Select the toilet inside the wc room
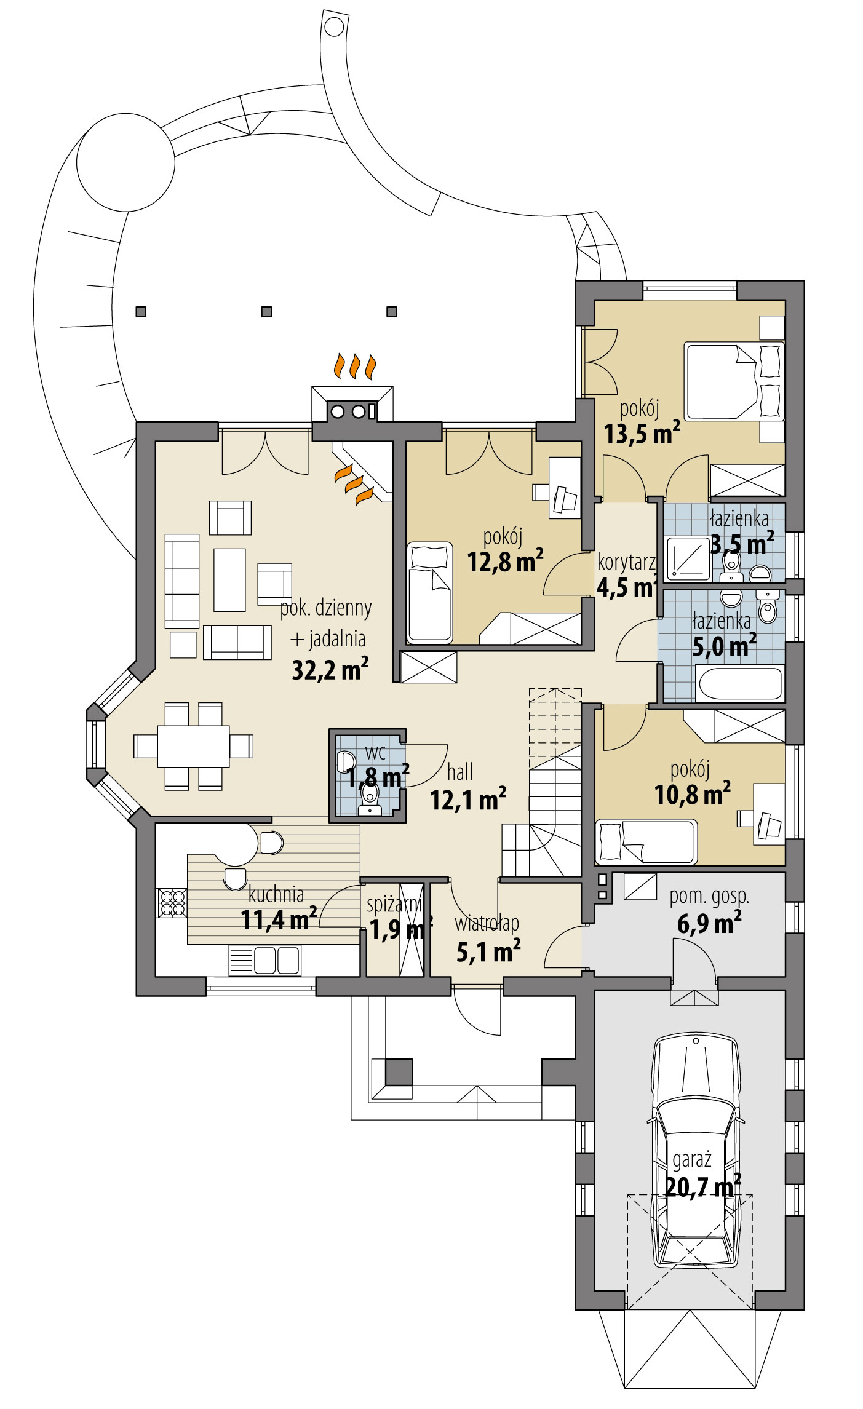pyautogui.click(x=369, y=800)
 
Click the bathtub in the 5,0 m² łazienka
pyautogui.click(x=740, y=683)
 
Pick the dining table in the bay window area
pyautogui.click(x=193, y=746)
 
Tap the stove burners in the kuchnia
pyautogui.click(x=172, y=902)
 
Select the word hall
pyautogui.click(x=459, y=772)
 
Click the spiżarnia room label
pyautogui.click(x=394, y=905)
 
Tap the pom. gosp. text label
pyautogui.click(x=709, y=896)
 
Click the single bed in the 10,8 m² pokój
pyautogui.click(x=646, y=841)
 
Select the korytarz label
pyautogui.click(x=626, y=562)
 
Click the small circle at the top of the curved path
pyautogui.click(x=334, y=26)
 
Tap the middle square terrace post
pyautogui.click(x=266, y=312)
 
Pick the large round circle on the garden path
pyautogui.click(x=125, y=162)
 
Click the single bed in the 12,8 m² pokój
pyautogui.click(x=429, y=592)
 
